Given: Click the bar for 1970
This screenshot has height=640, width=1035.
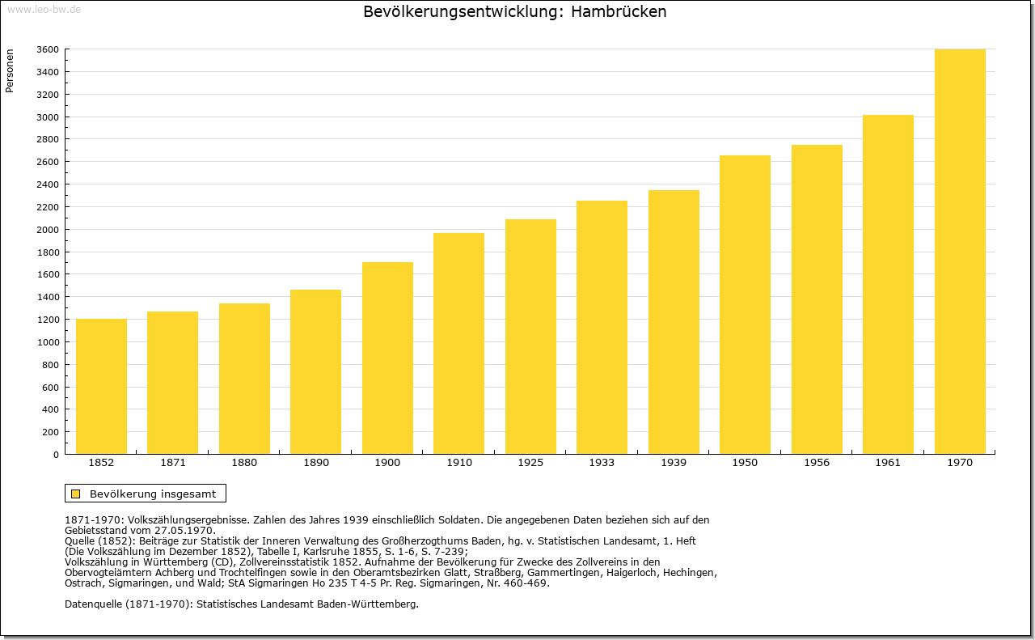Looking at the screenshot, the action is [x=960, y=252].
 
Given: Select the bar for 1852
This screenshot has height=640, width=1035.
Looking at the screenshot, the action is [x=101, y=387].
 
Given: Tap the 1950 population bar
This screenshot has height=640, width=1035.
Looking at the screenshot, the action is [x=745, y=305].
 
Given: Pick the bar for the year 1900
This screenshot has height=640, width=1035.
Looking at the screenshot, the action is [x=387, y=358].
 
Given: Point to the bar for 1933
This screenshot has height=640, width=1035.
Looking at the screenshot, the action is [x=602, y=328].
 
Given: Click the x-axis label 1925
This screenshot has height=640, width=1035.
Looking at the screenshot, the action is [x=530, y=463].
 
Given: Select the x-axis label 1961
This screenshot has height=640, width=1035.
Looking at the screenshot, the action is [x=888, y=463].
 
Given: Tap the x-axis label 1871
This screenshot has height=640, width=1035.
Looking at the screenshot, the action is [x=173, y=463].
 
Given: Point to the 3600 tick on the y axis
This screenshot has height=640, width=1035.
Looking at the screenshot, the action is [x=48, y=49].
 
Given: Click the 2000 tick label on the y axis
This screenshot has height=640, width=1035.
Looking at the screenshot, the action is [x=48, y=230].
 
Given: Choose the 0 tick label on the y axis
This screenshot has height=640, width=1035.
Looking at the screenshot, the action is [x=56, y=455].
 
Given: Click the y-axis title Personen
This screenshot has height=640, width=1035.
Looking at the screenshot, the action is [x=10, y=70].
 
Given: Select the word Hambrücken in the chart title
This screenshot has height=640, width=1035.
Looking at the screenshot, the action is [x=619, y=11].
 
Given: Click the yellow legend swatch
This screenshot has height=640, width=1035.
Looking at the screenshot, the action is [x=76, y=494].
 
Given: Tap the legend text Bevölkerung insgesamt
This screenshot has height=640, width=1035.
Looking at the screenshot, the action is [x=153, y=494].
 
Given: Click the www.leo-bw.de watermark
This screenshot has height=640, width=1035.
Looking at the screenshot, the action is [x=44, y=9].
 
